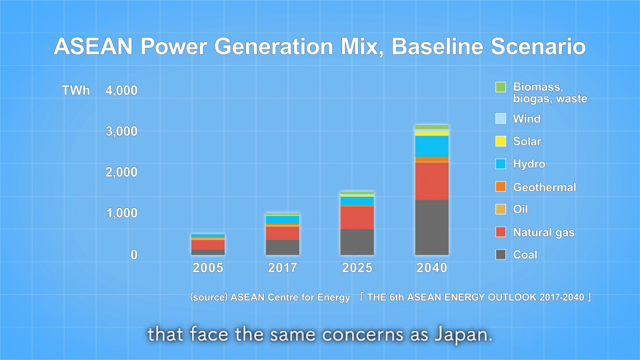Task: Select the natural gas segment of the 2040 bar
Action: tap(432, 181)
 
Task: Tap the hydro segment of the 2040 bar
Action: tap(432, 146)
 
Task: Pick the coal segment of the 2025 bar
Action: tap(357, 242)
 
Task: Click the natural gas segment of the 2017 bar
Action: tap(282, 233)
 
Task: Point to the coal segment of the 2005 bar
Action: tap(208, 252)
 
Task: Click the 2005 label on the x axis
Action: tap(208, 268)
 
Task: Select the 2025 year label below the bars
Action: tap(357, 268)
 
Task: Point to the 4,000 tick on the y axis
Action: tap(121, 90)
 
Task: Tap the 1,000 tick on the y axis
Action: tap(122, 213)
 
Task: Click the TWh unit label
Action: tap(76, 90)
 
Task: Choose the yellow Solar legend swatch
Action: tap(500, 141)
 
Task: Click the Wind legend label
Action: tap(526, 119)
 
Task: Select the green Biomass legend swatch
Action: tap(500, 87)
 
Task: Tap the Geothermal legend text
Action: tap(544, 187)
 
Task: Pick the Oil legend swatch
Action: tap(500, 209)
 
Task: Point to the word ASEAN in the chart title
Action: tap(93, 46)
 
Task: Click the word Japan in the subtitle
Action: tap(463, 334)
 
